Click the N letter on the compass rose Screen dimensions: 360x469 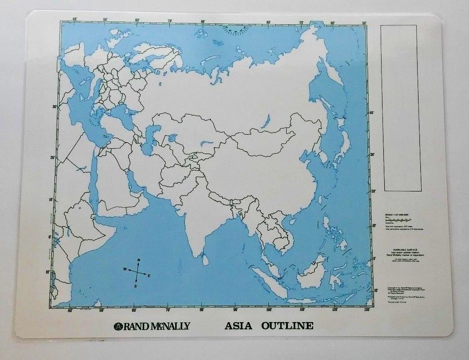[139, 260]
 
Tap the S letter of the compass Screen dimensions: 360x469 [135, 286]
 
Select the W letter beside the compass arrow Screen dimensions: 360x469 [124, 269]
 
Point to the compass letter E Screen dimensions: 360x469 [149, 275]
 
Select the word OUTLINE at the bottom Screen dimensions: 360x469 [287, 326]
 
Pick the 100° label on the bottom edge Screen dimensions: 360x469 [269, 310]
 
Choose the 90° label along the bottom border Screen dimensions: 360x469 [235, 310]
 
